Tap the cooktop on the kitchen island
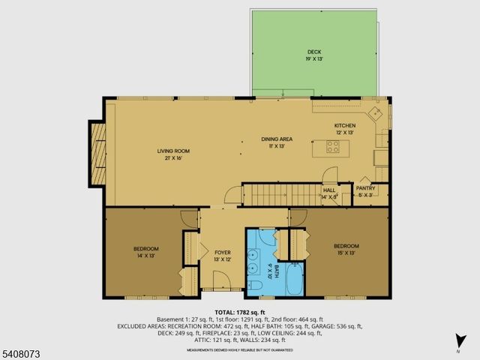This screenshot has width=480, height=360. click(x=332, y=146)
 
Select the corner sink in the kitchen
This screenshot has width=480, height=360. click(x=378, y=113)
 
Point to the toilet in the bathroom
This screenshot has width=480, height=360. click(x=254, y=286)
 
